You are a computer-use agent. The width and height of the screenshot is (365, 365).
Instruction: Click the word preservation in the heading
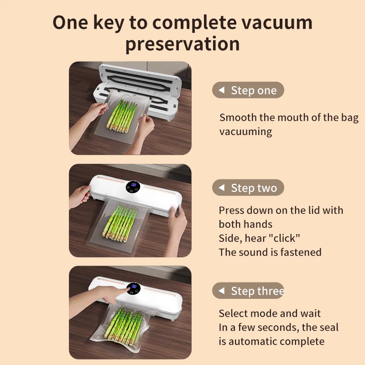pyautogui.click(x=182, y=44)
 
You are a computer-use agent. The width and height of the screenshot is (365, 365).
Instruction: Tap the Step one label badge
pyautogui.click(x=248, y=90)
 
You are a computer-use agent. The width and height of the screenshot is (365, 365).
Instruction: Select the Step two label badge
pyautogui.click(x=248, y=188)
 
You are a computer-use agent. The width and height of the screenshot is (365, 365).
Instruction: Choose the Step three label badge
pyautogui.click(x=249, y=291)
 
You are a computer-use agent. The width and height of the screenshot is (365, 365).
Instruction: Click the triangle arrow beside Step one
pyautogui.click(x=221, y=90)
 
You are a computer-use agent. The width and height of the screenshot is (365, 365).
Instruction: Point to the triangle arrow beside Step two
pyautogui.click(x=221, y=188)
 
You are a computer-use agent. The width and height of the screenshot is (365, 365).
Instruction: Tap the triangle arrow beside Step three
pyautogui.click(x=221, y=291)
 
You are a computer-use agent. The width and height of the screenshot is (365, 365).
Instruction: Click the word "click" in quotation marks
pyautogui.click(x=285, y=238)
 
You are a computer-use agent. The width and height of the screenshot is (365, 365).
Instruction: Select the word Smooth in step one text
pyautogui.click(x=238, y=118)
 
